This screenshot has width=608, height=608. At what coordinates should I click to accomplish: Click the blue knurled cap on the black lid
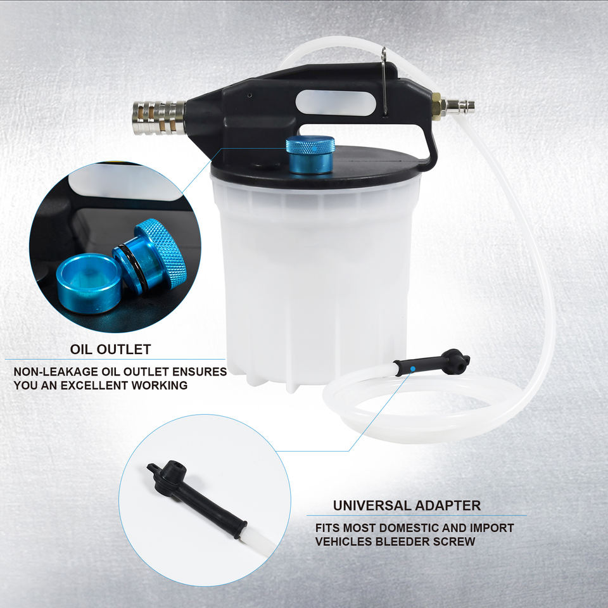tap(310, 154)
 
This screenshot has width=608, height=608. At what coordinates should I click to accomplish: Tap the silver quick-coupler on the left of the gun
tap(159, 118)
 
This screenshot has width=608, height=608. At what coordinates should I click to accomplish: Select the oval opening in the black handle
tap(336, 103)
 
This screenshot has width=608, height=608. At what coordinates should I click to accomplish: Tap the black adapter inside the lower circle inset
tap(196, 495)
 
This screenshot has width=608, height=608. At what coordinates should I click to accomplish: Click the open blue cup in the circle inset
tap(89, 283)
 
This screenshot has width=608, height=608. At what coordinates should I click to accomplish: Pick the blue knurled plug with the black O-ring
tap(151, 256)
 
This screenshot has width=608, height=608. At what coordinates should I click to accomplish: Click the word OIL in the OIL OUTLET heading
tap(82, 350)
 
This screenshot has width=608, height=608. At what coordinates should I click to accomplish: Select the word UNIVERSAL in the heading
tap(372, 505)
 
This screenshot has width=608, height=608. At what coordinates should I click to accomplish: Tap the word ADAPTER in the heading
tap(448, 505)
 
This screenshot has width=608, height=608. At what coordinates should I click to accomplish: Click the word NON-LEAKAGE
tap(56, 372)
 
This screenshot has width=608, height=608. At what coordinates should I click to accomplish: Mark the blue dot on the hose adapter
tap(413, 369)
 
